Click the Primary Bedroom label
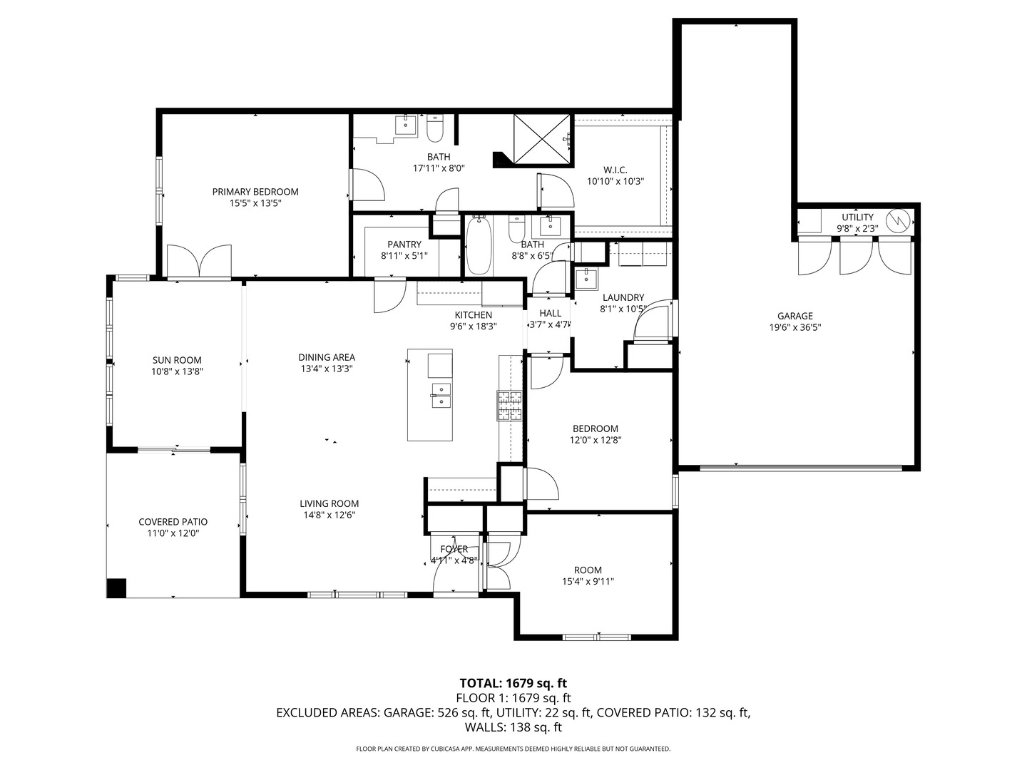click(255, 192)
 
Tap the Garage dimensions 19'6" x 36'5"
click(794, 328)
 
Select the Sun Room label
click(177, 360)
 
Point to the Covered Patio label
click(173, 522)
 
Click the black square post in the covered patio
click(116, 588)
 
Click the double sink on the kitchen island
click(440, 394)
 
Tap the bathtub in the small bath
click(479, 246)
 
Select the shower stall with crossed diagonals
click(541, 138)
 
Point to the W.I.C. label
click(615, 170)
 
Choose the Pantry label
click(404, 245)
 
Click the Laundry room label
click(623, 297)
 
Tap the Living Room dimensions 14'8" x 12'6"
click(329, 515)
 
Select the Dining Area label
click(327, 357)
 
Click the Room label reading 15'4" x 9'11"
click(588, 570)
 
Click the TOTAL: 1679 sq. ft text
click(513, 683)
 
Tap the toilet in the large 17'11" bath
click(435, 129)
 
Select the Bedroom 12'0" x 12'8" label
click(596, 428)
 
